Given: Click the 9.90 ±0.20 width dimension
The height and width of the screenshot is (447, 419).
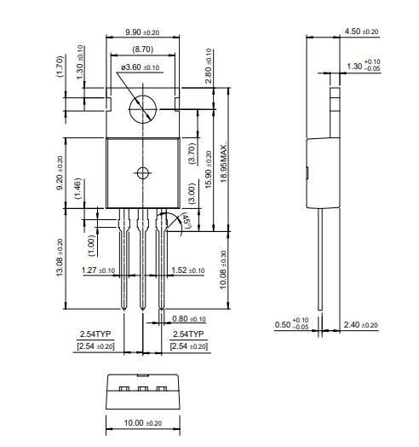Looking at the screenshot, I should click(141, 32).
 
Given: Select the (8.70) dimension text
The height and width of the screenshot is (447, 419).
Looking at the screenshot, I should click(142, 50).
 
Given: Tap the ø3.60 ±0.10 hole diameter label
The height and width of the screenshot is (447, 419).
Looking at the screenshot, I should click(140, 67).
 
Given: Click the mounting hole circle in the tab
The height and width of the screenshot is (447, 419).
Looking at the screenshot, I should click(141, 108).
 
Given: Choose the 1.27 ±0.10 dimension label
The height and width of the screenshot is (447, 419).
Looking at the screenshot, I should click(99, 270).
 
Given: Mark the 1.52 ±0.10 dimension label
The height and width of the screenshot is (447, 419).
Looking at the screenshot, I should click(187, 270).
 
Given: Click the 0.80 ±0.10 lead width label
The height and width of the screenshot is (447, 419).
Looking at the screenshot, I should click(190, 319).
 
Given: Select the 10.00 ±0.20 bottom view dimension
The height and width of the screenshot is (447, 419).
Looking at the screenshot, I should click(142, 423).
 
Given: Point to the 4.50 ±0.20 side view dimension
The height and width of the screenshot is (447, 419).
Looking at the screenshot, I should click(361, 32).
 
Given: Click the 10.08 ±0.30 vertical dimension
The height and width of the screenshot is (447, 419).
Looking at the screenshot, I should click(223, 270).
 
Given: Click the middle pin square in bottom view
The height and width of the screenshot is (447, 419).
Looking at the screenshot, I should click(142, 390).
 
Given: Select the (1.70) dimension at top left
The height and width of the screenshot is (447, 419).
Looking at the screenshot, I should click(60, 66).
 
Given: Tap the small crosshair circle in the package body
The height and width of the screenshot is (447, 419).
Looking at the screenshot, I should click(141, 172).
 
